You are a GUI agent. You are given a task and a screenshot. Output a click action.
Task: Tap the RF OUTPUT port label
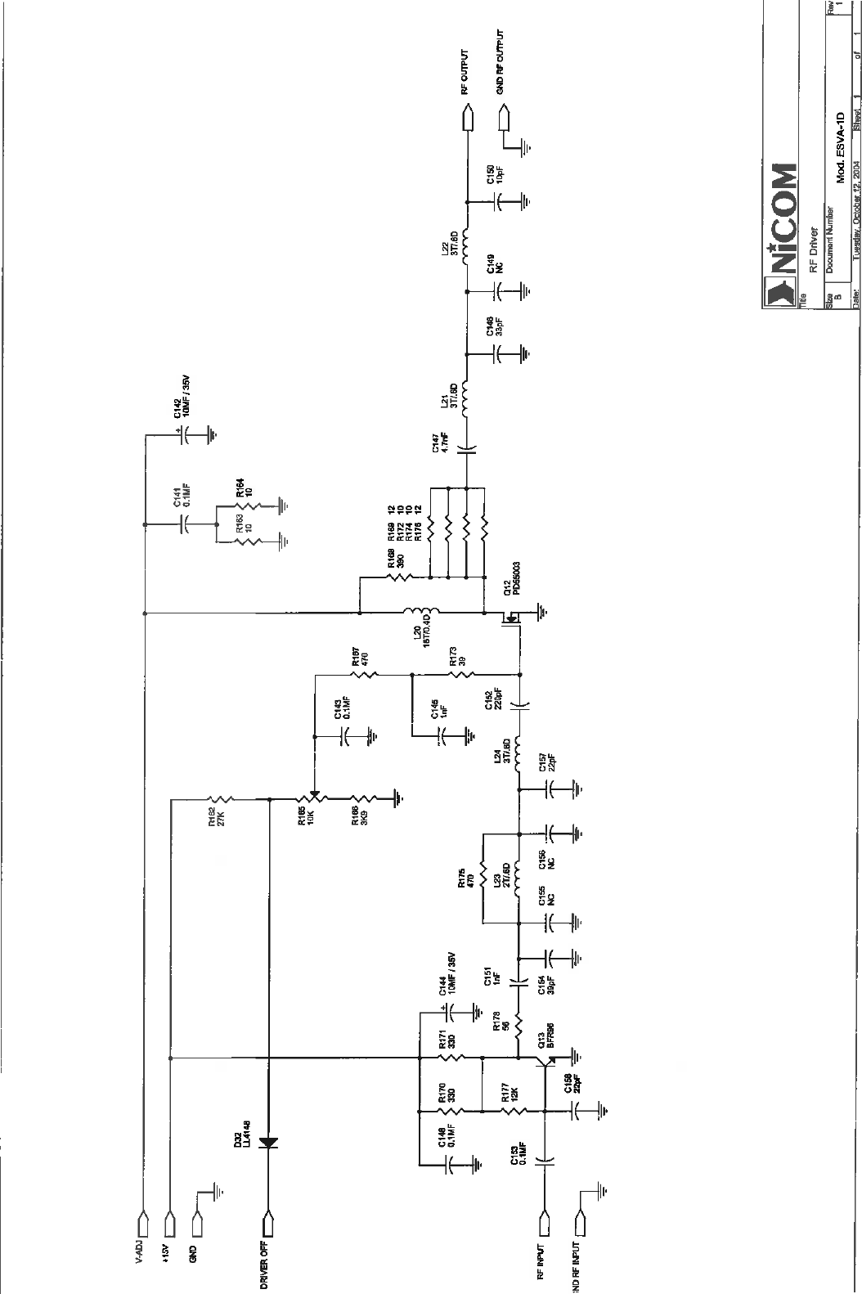pos(464,74)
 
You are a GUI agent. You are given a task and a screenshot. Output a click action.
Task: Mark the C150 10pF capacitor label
pos(495,173)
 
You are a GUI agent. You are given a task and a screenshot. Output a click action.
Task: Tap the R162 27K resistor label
pos(214,818)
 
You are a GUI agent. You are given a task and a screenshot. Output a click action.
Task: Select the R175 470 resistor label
pos(467,879)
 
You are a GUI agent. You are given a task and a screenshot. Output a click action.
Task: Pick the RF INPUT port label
pos(541,1260)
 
